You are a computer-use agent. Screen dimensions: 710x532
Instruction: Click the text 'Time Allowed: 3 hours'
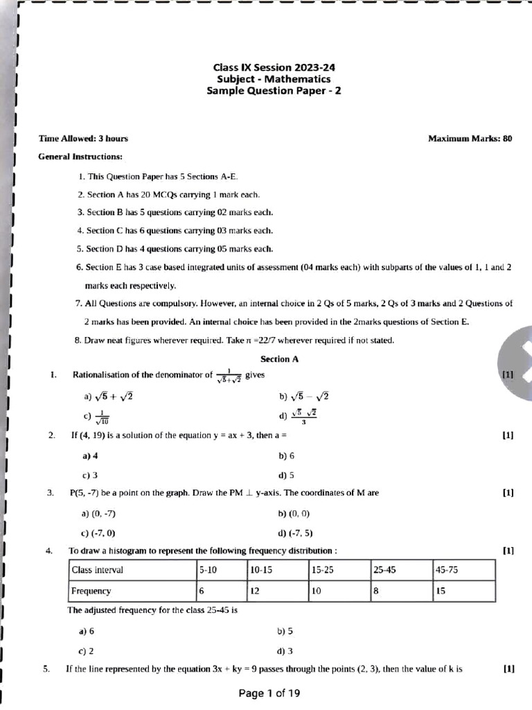[83, 139]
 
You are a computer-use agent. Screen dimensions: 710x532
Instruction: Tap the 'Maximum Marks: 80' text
[470, 139]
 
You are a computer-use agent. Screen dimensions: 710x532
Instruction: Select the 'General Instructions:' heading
[80, 157]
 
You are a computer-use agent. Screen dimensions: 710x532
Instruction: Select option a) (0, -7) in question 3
[98, 514]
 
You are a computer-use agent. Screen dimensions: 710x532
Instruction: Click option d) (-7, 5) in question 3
[295, 533]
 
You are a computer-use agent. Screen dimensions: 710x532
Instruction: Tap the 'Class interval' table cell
[97, 570]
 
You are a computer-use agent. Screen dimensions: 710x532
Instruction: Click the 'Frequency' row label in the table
[91, 591]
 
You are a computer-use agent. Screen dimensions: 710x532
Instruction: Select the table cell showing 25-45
[384, 570]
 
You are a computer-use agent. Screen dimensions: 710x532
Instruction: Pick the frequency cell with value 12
[256, 591]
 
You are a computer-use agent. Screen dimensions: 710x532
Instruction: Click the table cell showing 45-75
[447, 570]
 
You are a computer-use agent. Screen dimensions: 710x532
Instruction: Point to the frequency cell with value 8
[377, 591]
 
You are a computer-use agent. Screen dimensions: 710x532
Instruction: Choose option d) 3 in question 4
[285, 651]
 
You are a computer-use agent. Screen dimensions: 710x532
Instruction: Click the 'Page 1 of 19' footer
[269, 693]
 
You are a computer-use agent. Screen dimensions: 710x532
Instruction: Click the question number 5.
[46, 669]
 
